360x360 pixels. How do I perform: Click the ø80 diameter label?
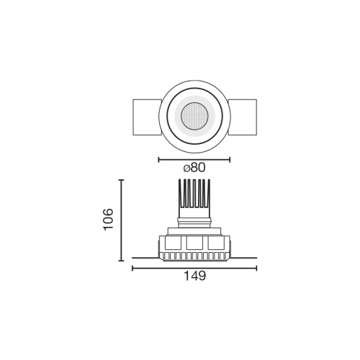[x=194, y=167]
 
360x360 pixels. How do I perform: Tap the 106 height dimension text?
[x=108, y=219]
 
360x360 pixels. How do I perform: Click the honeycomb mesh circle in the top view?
[x=194, y=114]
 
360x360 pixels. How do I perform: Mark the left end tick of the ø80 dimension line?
[x=158, y=159]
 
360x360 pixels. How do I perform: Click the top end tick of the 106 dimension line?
[x=120, y=180]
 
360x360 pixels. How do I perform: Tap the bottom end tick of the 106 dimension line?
[x=120, y=260]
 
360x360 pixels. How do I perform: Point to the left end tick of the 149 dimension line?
[x=132, y=269]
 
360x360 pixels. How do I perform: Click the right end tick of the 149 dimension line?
[x=256, y=269]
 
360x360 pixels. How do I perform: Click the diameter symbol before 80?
[x=187, y=167]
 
